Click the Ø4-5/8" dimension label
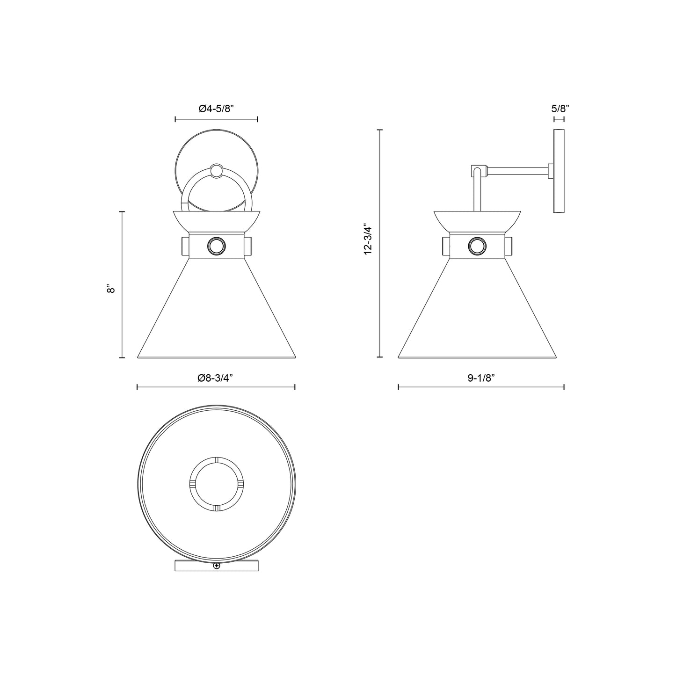tap(216, 109)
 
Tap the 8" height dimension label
tap(111, 289)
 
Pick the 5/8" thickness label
tap(560, 109)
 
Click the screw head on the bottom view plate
tap(216, 567)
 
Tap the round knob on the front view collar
tap(216, 246)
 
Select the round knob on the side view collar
tap(477, 246)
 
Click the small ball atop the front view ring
tap(216, 172)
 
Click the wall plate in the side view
tap(559, 171)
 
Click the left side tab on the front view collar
tap(185, 246)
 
